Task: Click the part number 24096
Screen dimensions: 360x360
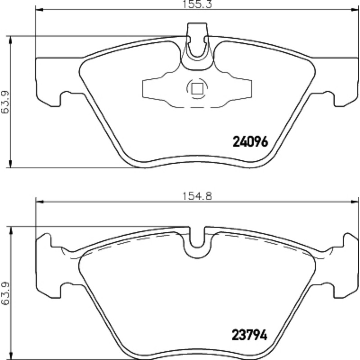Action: click(250, 142)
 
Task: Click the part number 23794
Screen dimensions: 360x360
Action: click(250, 335)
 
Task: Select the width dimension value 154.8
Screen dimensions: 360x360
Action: click(197, 196)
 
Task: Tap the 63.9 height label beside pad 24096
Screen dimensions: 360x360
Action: click(4, 102)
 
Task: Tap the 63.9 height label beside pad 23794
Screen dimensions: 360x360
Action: click(4, 293)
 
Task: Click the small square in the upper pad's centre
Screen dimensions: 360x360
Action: click(197, 89)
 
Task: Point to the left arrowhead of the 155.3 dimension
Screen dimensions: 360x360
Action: click(40, 9)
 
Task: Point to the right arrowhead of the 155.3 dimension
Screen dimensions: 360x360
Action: click(355, 9)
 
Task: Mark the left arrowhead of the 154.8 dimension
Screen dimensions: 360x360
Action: click(40, 202)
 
